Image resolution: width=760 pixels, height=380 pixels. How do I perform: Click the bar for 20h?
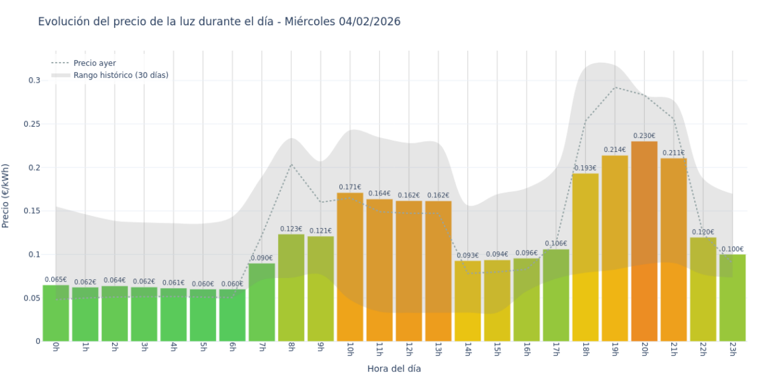pos(644,241)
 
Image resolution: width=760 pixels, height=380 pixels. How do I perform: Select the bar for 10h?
pos(350,267)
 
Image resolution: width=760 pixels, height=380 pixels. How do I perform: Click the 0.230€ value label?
pos(644,136)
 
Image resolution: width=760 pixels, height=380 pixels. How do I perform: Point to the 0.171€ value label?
pos(350,187)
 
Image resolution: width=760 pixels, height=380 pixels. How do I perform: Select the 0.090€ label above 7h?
pos(261,258)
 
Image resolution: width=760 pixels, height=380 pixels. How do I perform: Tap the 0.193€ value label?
pos(585,168)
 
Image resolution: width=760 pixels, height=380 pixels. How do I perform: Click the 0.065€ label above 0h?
pos(56,280)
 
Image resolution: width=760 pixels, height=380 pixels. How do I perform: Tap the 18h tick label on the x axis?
pos(585,351)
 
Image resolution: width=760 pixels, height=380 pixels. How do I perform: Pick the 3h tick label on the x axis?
pos(145,351)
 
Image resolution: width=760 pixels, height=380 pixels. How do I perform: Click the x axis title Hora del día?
pos(394,368)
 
